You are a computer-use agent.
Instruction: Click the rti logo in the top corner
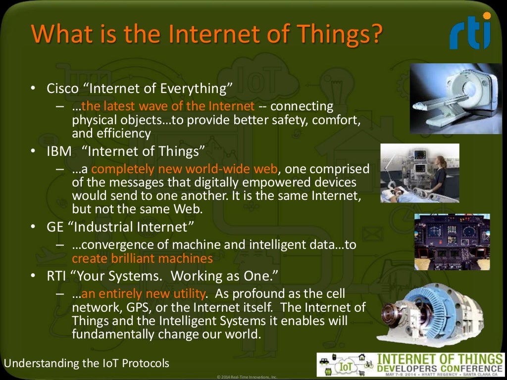470,32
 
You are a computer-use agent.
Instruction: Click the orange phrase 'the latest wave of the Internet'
168,106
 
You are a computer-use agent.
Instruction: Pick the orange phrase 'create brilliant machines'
142,258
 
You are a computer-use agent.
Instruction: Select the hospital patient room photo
419,173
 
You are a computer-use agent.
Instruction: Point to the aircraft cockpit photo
452,241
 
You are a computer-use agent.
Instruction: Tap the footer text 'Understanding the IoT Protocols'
87,364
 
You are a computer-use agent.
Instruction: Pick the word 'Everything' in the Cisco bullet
196,89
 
